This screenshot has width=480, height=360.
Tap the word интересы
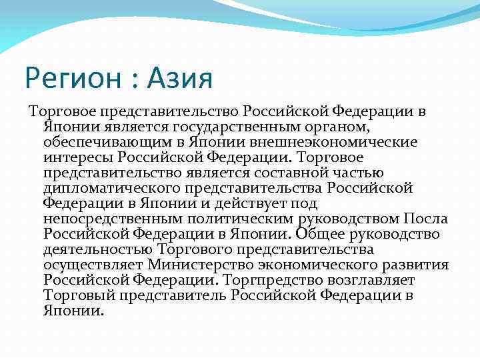(x=78, y=157)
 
